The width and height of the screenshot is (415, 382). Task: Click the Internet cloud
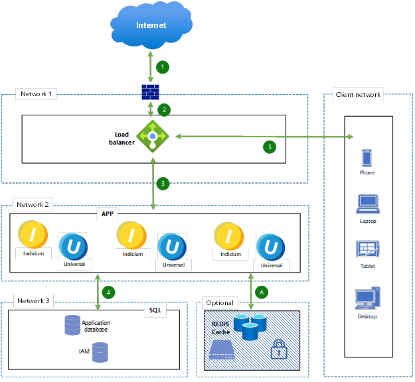pos(151,25)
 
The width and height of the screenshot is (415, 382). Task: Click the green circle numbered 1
pos(162,66)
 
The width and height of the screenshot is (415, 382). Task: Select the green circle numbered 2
pos(162,109)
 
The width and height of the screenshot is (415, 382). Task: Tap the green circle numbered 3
pos(163,182)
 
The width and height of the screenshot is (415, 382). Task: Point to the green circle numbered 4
pos(110,291)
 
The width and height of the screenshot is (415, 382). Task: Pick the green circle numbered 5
pos(269,147)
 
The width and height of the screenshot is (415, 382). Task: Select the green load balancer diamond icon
pos(152,137)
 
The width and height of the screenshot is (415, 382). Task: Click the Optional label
pos(220,302)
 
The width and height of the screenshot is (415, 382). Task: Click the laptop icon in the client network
pos(367,203)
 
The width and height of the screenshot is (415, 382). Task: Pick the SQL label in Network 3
pos(154,310)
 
